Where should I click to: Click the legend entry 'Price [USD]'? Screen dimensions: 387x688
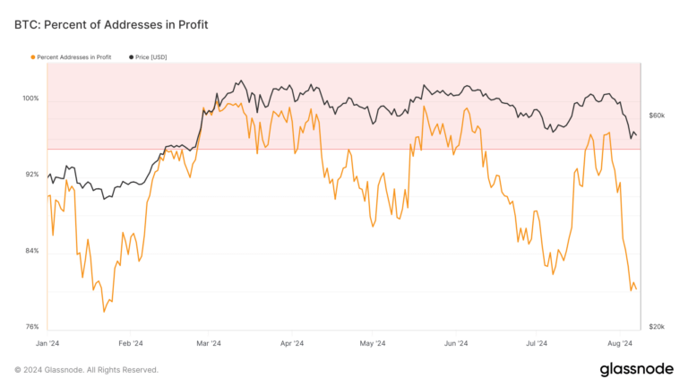click(150, 56)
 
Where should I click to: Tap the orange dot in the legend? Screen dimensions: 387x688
click(33, 56)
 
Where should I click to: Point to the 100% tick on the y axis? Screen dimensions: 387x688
click(30, 99)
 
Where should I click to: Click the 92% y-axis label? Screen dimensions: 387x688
click(31, 175)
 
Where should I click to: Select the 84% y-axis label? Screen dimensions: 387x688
click(31, 251)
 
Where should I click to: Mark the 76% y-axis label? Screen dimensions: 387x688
click(31, 327)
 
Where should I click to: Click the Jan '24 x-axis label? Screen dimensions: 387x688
click(48, 343)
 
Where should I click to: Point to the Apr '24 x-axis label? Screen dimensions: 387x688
click(291, 343)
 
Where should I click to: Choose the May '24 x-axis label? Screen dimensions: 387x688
click(372, 343)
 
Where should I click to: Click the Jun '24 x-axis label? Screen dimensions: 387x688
click(456, 343)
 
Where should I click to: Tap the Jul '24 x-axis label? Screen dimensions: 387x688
click(537, 343)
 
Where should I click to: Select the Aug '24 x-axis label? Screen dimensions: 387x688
click(620, 343)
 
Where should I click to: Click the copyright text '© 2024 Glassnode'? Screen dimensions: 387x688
click(86, 370)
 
